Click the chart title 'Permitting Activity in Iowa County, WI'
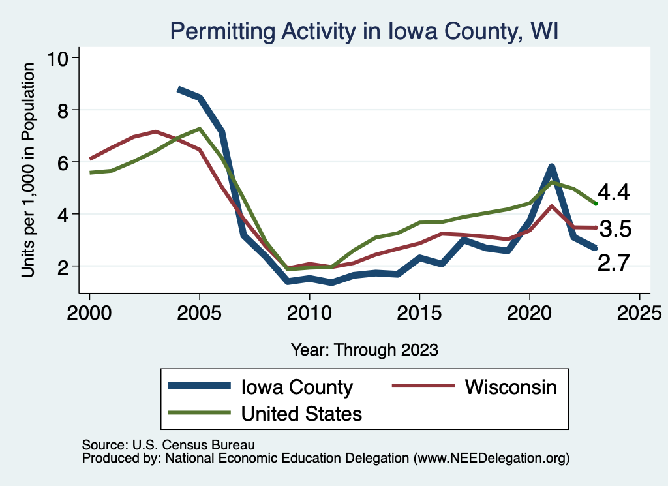click(363, 31)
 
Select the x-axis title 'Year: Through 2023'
click(364, 350)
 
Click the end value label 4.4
click(614, 193)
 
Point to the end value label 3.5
click(615, 230)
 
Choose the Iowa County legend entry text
click(297, 387)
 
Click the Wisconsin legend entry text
click(511, 387)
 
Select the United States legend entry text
click(301, 413)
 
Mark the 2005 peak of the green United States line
click(200, 129)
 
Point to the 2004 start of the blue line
click(179, 89)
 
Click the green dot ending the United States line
click(596, 204)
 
